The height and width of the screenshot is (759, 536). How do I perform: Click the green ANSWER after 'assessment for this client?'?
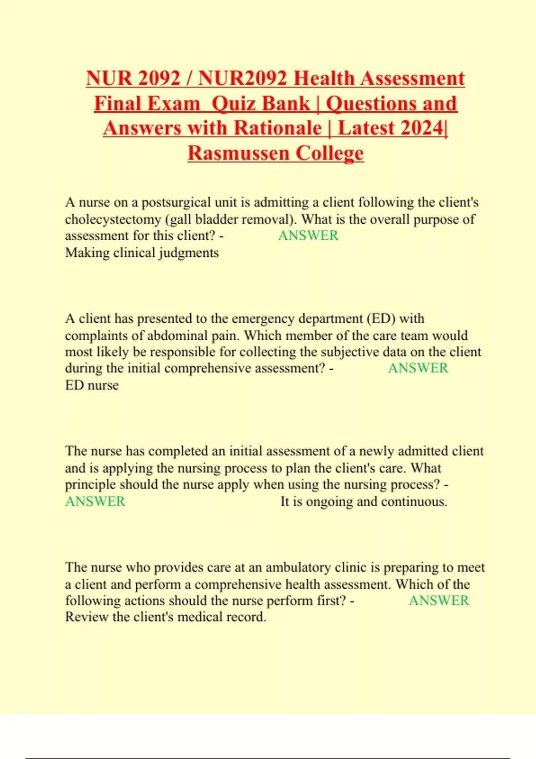click(308, 235)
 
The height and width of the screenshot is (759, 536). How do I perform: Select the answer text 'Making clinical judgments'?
click(142, 253)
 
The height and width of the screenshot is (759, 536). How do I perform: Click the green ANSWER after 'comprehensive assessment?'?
click(418, 368)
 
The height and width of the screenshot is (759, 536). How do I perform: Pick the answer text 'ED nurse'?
click(92, 385)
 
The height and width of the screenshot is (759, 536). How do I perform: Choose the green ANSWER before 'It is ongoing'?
click(95, 501)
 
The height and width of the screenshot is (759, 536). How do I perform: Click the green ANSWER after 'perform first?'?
click(439, 601)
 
